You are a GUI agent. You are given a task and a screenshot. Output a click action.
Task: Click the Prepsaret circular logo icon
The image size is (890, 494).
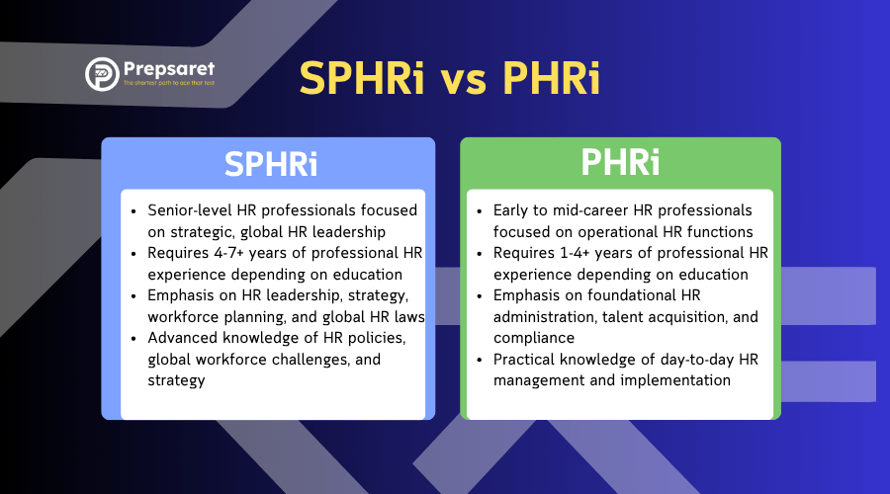tap(102, 74)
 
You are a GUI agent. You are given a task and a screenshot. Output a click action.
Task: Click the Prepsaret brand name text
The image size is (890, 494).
tap(169, 69)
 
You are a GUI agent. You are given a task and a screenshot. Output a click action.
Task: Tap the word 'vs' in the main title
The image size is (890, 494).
tap(463, 80)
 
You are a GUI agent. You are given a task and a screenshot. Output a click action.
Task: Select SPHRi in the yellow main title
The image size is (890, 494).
tap(362, 78)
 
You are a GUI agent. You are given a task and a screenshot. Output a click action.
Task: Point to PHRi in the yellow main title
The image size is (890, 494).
tap(551, 77)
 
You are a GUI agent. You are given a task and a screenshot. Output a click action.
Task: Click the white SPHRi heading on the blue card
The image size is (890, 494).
tap(271, 164)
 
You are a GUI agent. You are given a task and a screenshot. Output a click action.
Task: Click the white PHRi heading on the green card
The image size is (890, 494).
tap(620, 162)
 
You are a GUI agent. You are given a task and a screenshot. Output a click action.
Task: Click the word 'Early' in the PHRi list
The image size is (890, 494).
tap(510, 211)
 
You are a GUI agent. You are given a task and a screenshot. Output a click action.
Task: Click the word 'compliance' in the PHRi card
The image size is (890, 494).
tap(534, 339)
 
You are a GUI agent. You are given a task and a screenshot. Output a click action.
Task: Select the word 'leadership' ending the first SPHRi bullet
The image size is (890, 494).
tap(348, 232)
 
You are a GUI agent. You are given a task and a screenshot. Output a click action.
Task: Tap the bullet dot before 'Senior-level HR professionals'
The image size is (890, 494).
tap(133, 212)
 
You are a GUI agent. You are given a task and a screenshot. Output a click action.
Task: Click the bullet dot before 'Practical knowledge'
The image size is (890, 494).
tap(479, 361)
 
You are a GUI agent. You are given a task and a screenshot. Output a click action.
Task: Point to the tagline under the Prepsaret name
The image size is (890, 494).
tap(169, 83)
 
